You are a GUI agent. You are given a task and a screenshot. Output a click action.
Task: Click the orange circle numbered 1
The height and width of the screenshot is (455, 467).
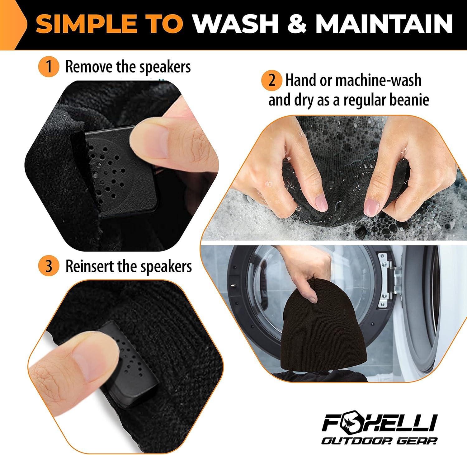pyautogui.click(x=49, y=67)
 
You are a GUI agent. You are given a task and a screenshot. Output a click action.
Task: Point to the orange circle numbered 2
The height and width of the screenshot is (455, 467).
pyautogui.click(x=272, y=81)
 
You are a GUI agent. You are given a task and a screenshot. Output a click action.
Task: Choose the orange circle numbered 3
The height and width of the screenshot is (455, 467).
pyautogui.click(x=49, y=266)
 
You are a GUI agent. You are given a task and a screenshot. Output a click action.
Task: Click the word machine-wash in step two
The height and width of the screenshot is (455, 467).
pyautogui.click(x=378, y=81)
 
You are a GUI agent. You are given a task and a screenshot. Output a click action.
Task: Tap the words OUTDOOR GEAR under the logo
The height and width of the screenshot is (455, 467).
pyautogui.click(x=379, y=441)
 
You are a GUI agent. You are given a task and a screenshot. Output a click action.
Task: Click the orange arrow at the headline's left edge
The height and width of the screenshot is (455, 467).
pyautogui.click(x=12, y=25)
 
